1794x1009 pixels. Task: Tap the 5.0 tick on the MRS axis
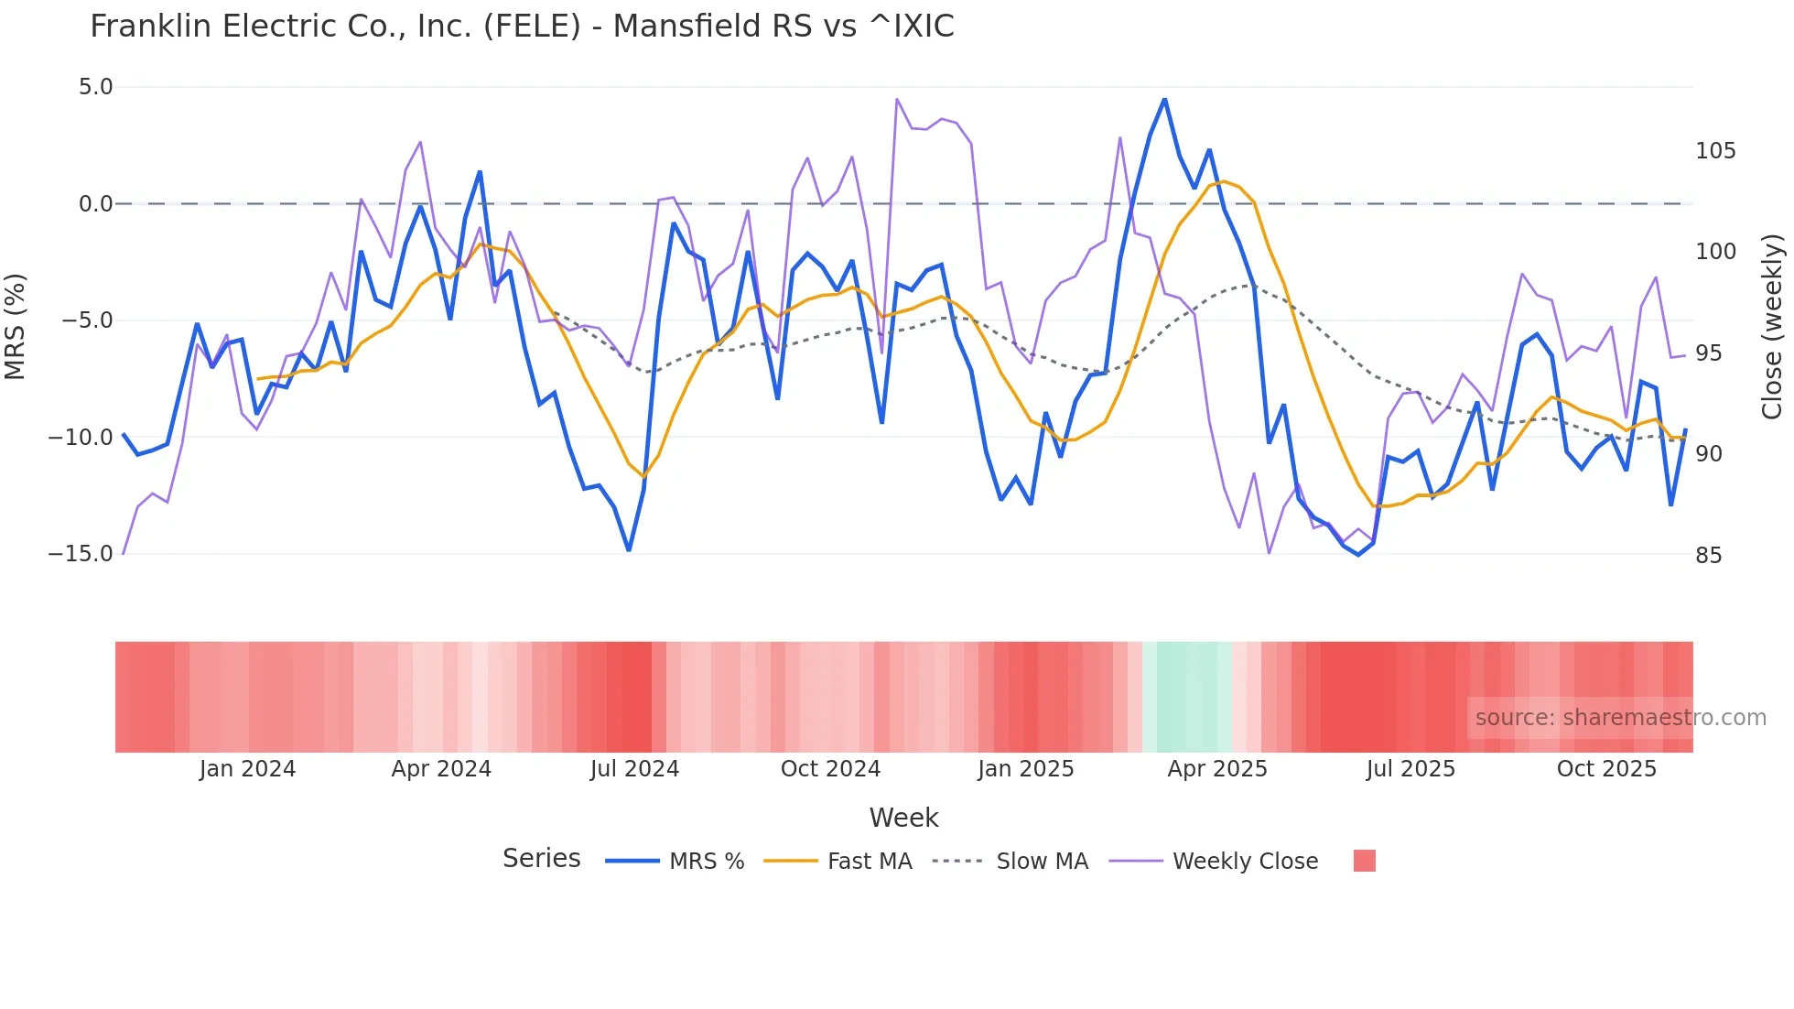[x=95, y=87]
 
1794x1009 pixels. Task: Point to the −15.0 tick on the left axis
[x=81, y=554]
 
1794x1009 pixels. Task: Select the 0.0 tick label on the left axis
[x=95, y=204]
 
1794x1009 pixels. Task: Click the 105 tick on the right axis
[x=1715, y=151]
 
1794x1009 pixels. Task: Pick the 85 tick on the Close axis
[x=1709, y=556]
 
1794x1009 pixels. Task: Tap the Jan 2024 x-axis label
[x=247, y=769]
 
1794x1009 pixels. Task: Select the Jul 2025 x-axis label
[x=1410, y=769]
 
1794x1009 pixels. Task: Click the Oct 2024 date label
[x=830, y=769]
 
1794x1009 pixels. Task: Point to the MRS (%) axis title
[x=16, y=327]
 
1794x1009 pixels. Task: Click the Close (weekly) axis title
[x=1773, y=327]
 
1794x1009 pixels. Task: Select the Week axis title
[x=903, y=818]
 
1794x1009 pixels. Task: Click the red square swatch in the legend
[x=1364, y=861]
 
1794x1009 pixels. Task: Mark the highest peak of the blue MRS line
[x=1164, y=99]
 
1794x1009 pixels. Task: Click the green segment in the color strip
[x=1187, y=697]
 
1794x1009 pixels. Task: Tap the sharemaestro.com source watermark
[x=1620, y=718]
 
